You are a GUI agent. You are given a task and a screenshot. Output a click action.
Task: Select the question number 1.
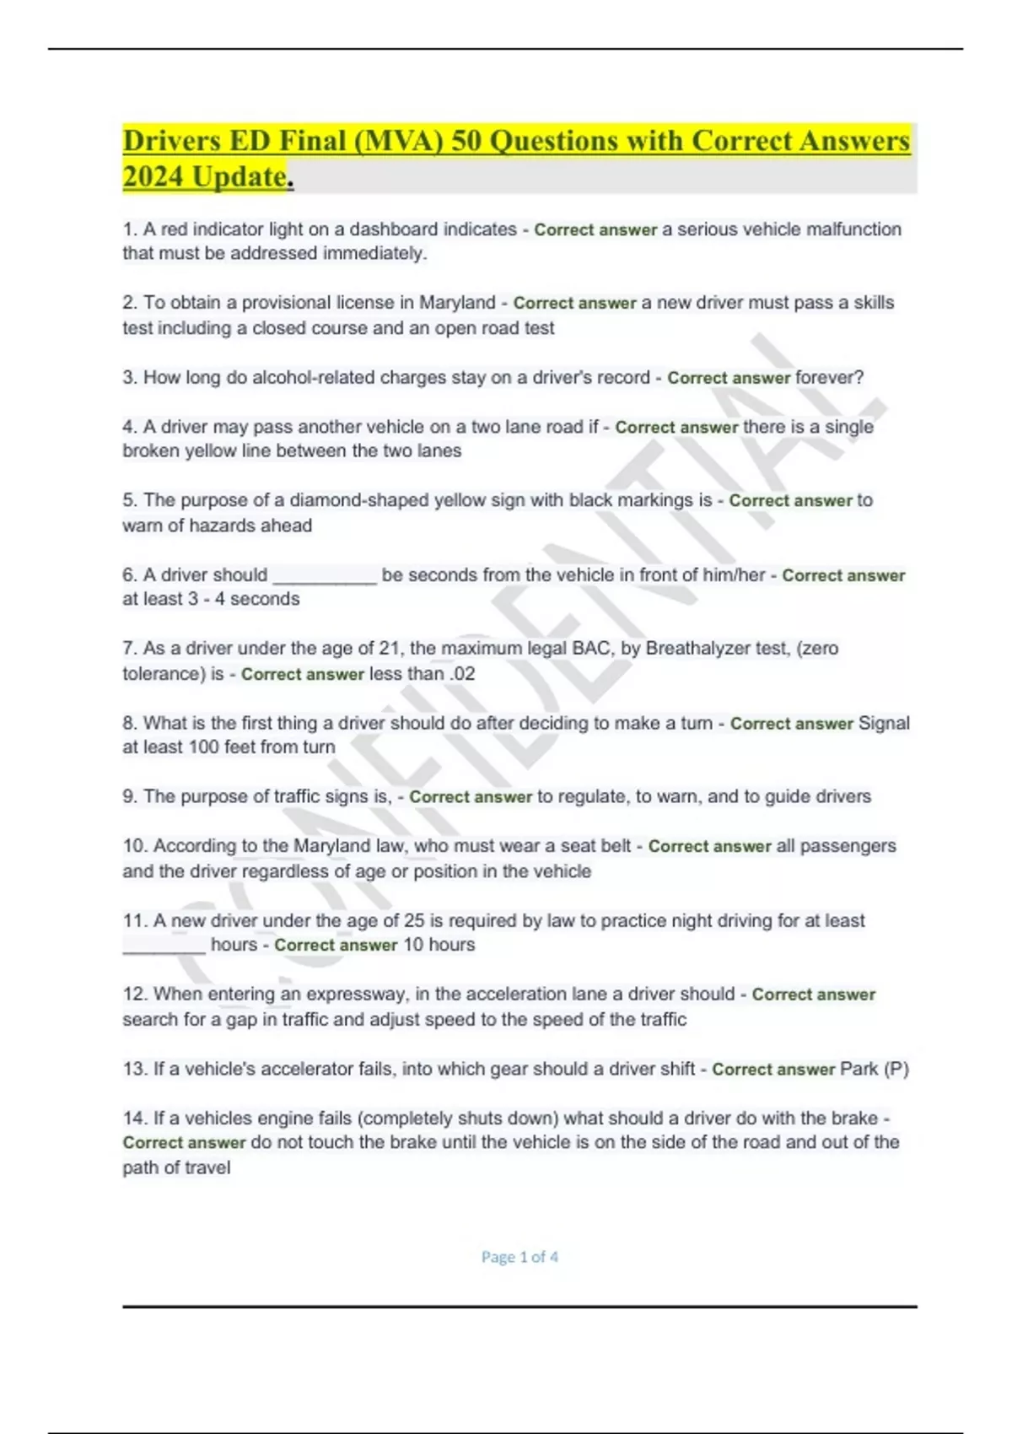(x=129, y=229)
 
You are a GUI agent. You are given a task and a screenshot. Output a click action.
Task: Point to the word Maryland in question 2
(x=458, y=303)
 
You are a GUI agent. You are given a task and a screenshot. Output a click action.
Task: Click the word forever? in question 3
(x=830, y=377)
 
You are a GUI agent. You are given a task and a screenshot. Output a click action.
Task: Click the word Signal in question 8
(x=884, y=723)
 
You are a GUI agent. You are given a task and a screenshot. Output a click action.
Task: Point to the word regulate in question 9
(x=593, y=796)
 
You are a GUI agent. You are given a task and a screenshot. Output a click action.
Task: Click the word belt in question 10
(x=614, y=846)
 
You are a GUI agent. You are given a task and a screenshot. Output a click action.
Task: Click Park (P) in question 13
(x=875, y=1069)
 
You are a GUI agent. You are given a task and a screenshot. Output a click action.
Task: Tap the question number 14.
(x=135, y=1119)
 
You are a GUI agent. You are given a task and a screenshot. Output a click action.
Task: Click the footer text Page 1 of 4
(x=519, y=1257)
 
